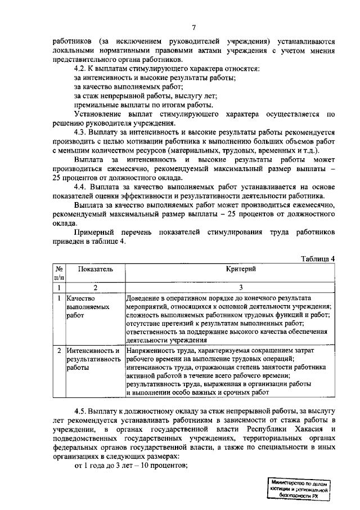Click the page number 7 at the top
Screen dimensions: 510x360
193,28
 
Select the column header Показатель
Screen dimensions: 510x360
95,270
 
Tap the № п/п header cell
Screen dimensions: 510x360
59,274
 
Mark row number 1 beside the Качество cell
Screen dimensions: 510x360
59,298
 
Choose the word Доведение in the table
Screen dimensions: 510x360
145,298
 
